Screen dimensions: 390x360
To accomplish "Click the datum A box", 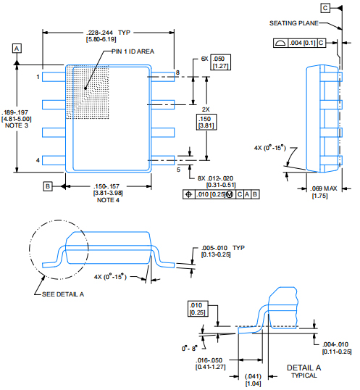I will click(x=17, y=47).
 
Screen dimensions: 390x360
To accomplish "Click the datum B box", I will click(x=48, y=186).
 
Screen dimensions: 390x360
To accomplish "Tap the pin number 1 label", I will click(x=38, y=75).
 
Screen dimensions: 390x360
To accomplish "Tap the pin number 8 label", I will click(x=177, y=72).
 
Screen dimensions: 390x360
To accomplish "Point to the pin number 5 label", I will click(x=177, y=169).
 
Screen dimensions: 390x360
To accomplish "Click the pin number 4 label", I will click(x=38, y=159).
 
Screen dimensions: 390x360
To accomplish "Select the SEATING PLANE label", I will click(x=293, y=23).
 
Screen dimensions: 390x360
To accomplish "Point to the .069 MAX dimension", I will click(x=322, y=189).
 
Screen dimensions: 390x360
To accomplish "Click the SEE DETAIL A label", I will click(x=64, y=294).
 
